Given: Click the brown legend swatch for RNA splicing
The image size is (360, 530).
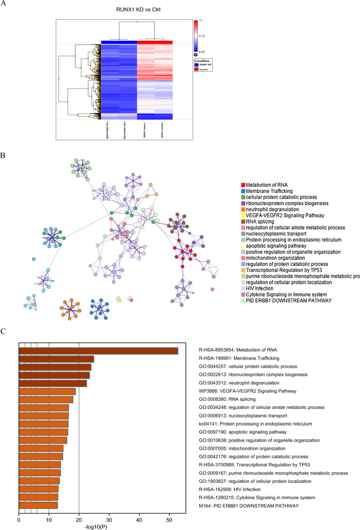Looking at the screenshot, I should pos(243,221).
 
